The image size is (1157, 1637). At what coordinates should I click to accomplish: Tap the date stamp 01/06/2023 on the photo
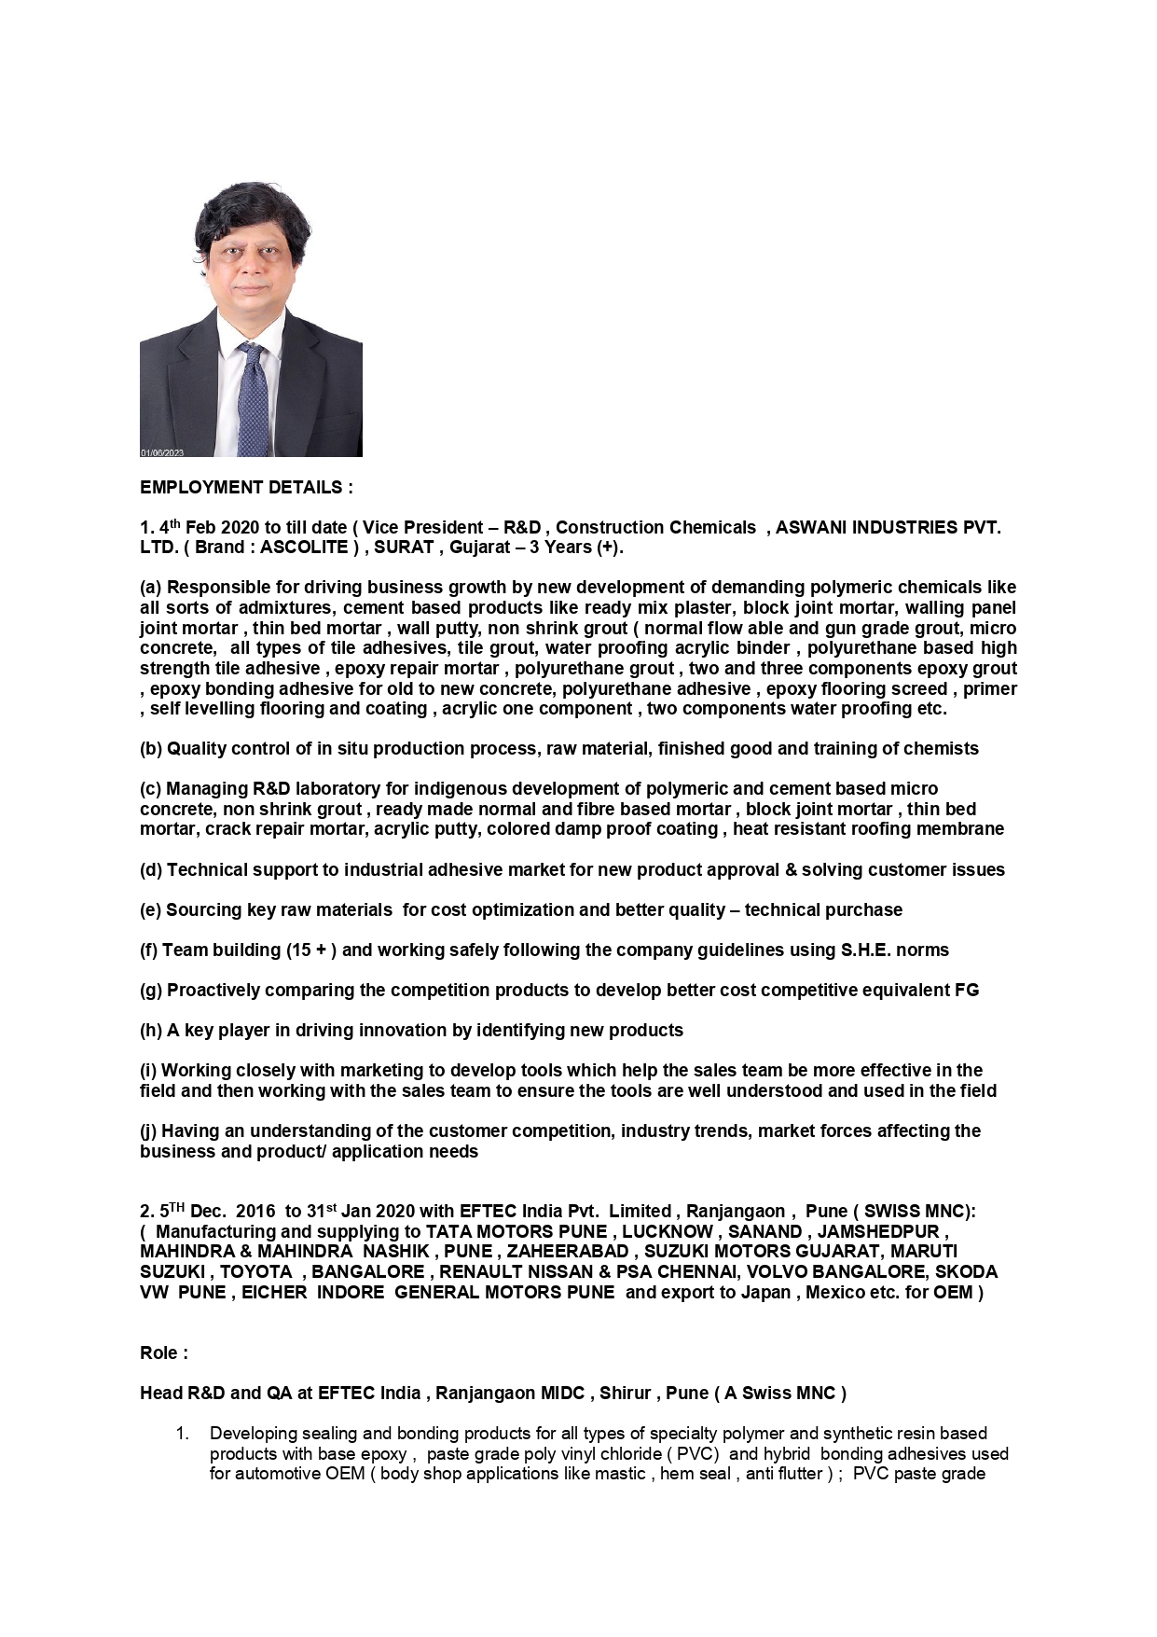pos(162,452)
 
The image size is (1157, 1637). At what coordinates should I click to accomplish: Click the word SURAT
pos(404,548)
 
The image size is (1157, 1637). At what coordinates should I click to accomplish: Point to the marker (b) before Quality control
pos(151,749)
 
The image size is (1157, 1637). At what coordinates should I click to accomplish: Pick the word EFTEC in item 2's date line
pos(488,1212)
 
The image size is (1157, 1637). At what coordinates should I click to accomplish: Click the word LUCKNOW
pos(667,1232)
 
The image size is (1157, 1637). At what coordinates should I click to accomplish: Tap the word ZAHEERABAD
pos(568,1252)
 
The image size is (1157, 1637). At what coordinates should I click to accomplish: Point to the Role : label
pos(164,1353)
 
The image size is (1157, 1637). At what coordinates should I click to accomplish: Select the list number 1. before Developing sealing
pos(183,1434)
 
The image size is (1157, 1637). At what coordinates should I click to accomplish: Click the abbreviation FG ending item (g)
pos(967,991)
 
